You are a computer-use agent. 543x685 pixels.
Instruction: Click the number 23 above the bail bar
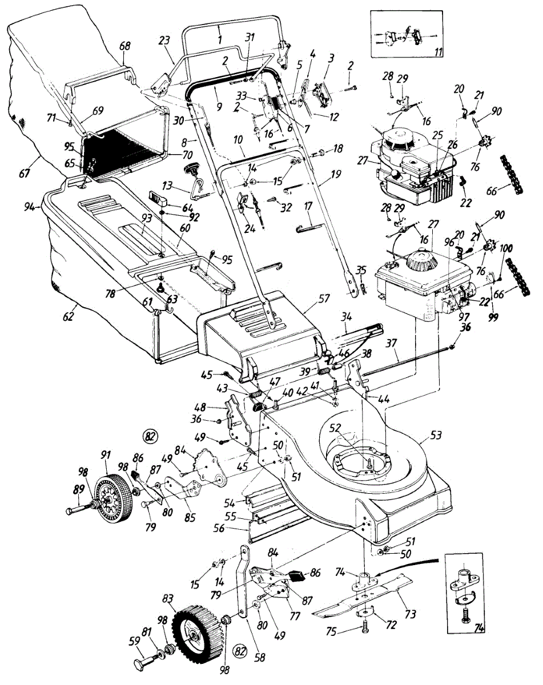click(x=164, y=41)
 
